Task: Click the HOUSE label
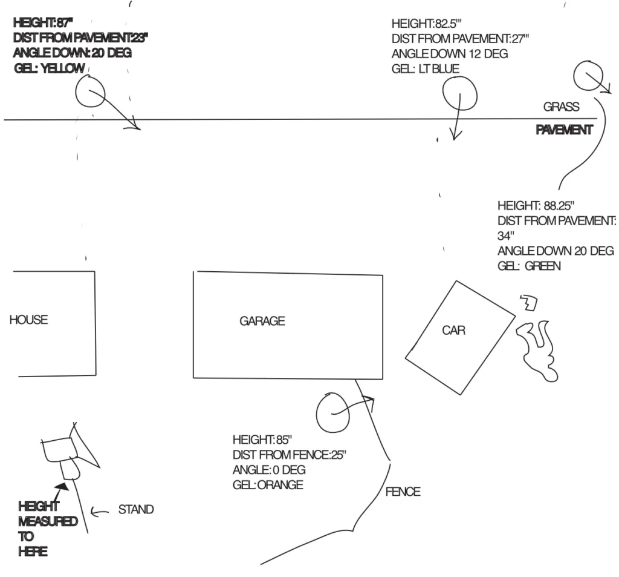click(28, 320)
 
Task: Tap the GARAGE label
click(262, 321)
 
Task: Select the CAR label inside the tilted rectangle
click(453, 331)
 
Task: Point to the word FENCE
click(403, 492)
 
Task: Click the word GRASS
click(561, 107)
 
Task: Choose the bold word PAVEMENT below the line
click(563, 130)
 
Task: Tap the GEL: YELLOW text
click(49, 68)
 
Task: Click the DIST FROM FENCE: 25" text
click(290, 454)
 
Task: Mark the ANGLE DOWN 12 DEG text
click(449, 54)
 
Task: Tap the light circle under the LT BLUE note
click(459, 95)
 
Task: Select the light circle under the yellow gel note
click(90, 94)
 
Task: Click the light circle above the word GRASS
click(585, 76)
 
